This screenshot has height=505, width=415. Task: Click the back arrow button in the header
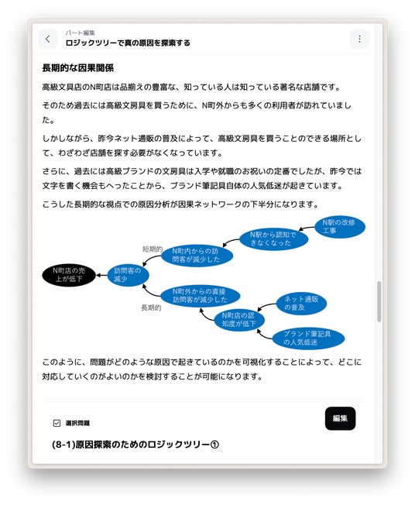48,39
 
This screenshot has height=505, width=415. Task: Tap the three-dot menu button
359,39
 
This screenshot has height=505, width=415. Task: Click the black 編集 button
341,418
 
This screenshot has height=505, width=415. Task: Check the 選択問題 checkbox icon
57,423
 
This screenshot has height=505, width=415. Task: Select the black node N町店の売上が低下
69,275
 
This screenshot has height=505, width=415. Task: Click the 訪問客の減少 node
128,275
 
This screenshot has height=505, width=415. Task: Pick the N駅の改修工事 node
339,227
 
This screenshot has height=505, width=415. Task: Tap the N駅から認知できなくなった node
273,239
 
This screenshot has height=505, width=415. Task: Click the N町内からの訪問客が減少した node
197,256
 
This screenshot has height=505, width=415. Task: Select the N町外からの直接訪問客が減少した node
200,296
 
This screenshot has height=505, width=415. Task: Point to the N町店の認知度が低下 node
238,319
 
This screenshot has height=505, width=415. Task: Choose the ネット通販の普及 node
301,304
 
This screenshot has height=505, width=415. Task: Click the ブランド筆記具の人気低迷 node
308,338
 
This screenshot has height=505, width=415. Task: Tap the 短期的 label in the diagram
153,249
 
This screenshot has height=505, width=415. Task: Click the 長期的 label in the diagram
151,308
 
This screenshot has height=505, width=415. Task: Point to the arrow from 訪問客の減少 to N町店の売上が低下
101,276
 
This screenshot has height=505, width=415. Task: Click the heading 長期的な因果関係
78,68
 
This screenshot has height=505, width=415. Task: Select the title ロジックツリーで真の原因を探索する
128,43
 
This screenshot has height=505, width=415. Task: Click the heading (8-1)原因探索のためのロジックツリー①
135,445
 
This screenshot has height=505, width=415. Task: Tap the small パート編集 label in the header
81,33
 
